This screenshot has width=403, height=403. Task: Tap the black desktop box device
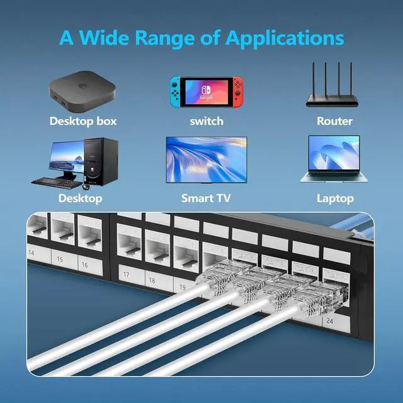tap(82, 88)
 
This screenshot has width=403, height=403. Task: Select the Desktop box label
tap(83, 120)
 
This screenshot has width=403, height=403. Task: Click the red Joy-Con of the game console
tap(236, 91)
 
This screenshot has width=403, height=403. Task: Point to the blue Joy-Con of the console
tap(176, 91)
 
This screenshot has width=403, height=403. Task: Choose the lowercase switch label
tap(206, 120)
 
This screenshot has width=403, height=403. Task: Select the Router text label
tap(334, 120)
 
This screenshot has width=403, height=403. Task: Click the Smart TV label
tap(206, 198)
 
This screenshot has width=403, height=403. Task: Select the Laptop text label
tap(334, 198)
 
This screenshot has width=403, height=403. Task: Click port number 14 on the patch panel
tap(31, 252)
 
